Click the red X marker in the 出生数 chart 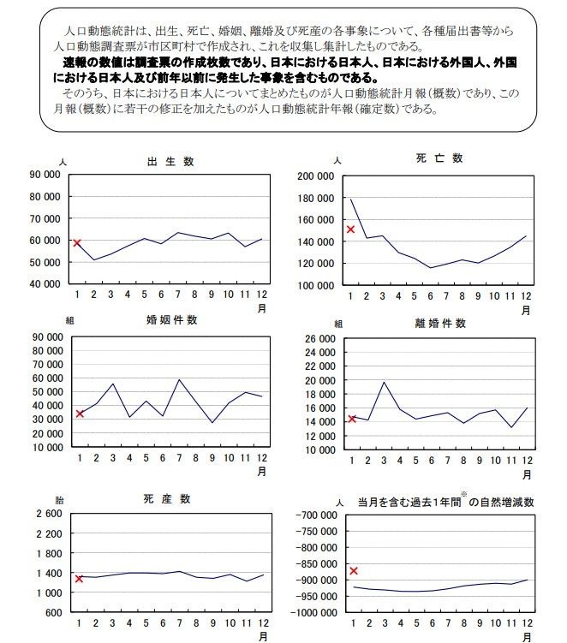pyautogui.click(x=77, y=243)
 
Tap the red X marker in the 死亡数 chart pyautogui.click(x=350, y=229)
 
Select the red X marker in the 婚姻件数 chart pyautogui.click(x=80, y=414)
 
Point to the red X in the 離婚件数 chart pyautogui.click(x=352, y=419)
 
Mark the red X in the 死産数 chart pyautogui.click(x=79, y=579)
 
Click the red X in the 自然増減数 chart pyautogui.click(x=353, y=570)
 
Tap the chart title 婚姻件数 pyautogui.click(x=172, y=320)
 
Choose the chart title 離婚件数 pyautogui.click(x=443, y=323)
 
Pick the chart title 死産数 pyautogui.click(x=168, y=499)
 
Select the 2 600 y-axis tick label pyautogui.click(x=48, y=514)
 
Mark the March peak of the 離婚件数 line pyautogui.click(x=385, y=382)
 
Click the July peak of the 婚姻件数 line pyautogui.click(x=178, y=379)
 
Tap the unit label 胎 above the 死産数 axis pyautogui.click(x=59, y=499)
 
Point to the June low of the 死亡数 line pyautogui.click(x=431, y=268)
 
